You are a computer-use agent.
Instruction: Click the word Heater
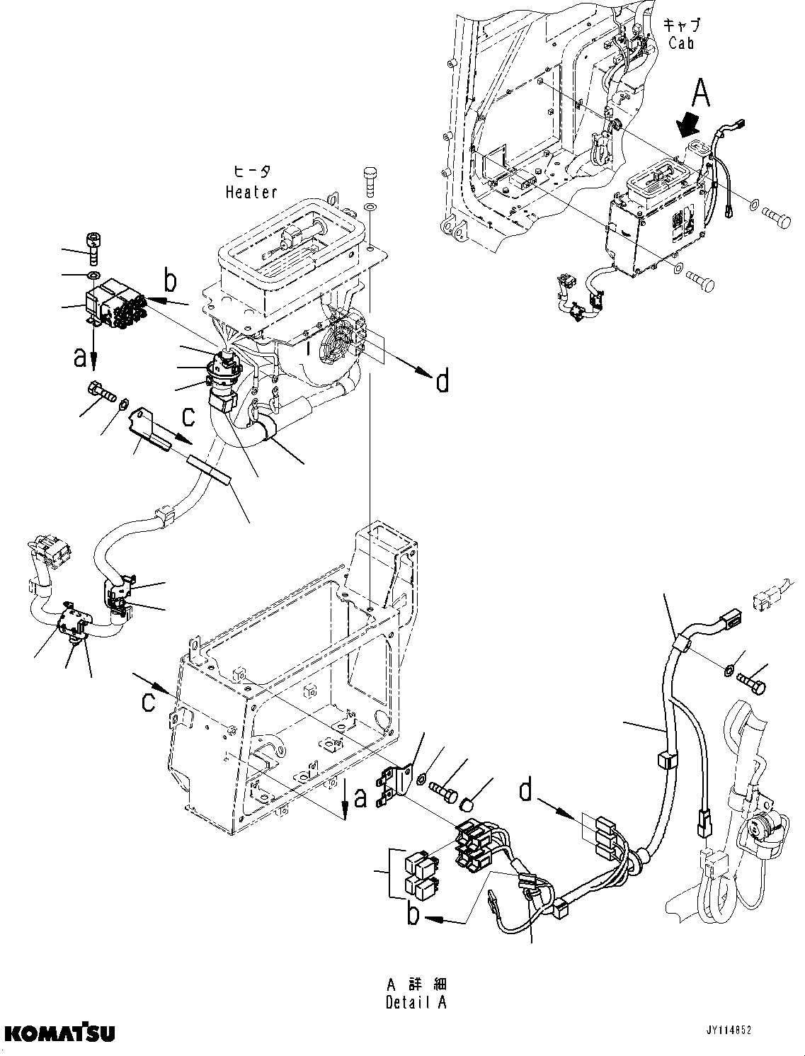(251, 192)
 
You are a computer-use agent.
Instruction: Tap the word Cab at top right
(680, 42)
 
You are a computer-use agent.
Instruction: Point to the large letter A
(700, 93)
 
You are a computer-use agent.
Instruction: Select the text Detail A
(417, 1002)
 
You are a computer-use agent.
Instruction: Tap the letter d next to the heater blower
(442, 382)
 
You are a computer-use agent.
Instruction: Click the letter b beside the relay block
(171, 281)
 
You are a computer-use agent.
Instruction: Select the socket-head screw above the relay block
(93, 246)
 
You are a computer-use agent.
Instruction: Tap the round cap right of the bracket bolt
(468, 804)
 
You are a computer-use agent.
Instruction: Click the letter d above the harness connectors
(525, 790)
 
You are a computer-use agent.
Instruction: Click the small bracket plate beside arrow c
(150, 429)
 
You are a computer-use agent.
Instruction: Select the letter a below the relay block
(81, 358)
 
